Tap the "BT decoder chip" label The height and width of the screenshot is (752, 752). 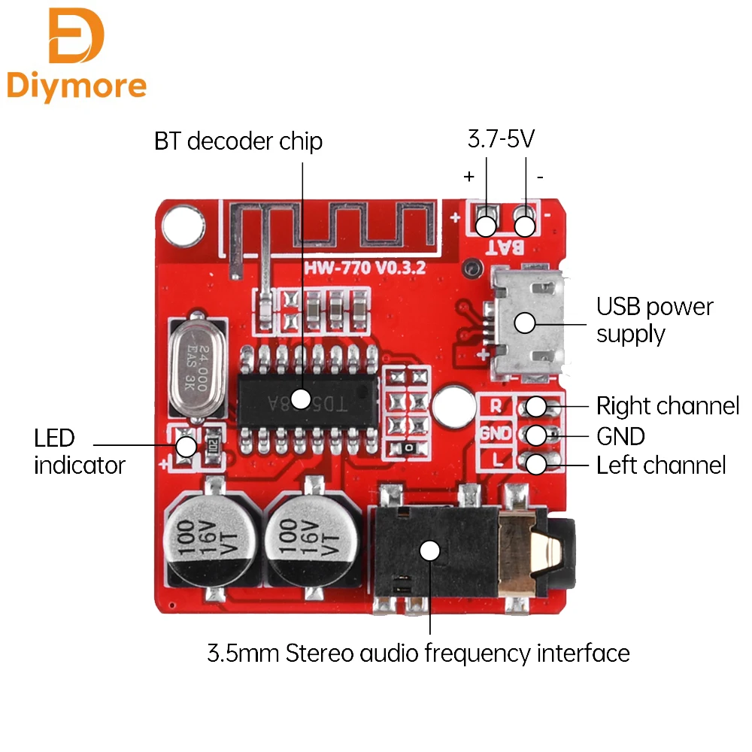[238, 141]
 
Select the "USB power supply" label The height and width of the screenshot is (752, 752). [654, 320]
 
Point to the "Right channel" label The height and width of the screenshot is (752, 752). [668, 406]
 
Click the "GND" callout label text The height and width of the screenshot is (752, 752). [620, 436]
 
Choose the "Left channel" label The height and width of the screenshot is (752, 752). [661, 465]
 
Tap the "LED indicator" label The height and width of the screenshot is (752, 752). [79, 451]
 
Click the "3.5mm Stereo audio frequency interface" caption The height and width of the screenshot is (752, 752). [418, 653]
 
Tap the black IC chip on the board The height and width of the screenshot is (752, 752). [308, 398]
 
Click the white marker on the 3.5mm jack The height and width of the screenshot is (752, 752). [429, 550]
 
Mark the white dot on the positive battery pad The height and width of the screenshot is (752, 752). [487, 225]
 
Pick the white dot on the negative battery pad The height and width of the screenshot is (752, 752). [525, 225]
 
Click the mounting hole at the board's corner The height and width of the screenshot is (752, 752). [181, 223]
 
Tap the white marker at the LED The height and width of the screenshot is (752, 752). [186, 447]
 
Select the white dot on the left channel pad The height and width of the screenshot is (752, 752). [535, 465]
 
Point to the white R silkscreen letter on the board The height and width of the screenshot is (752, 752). [496, 406]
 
